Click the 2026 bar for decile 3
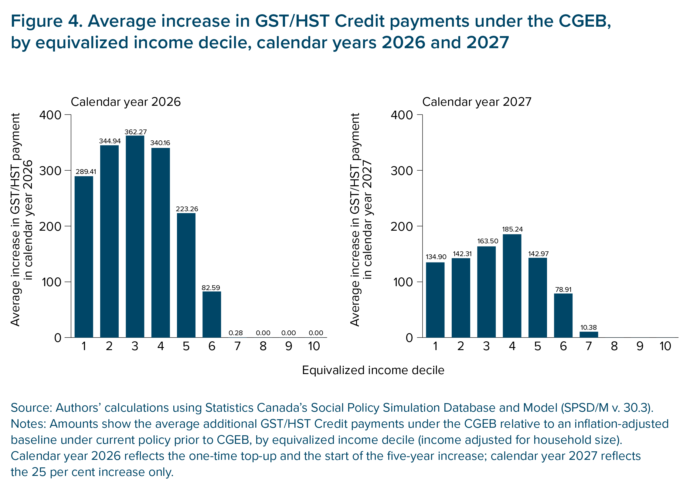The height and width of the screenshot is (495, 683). point(135,236)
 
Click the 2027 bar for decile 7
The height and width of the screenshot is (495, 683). point(589,334)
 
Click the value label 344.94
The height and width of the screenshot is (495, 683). point(110,141)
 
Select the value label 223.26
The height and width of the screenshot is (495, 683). point(187,209)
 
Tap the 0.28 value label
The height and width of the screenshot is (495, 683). point(236,333)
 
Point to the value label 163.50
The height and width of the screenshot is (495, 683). point(488,241)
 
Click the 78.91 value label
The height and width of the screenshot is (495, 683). point(563,289)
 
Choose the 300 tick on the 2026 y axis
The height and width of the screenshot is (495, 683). point(50,171)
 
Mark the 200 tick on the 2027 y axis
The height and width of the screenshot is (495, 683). point(401,226)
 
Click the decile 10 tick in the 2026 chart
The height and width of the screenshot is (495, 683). point(314,346)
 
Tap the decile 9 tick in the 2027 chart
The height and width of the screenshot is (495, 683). point(640,346)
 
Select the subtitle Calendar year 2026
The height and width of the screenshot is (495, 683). point(126,102)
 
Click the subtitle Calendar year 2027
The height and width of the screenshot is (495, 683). point(477,102)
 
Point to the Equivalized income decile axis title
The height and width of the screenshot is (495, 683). point(373,370)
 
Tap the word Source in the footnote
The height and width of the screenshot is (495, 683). point(30,408)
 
